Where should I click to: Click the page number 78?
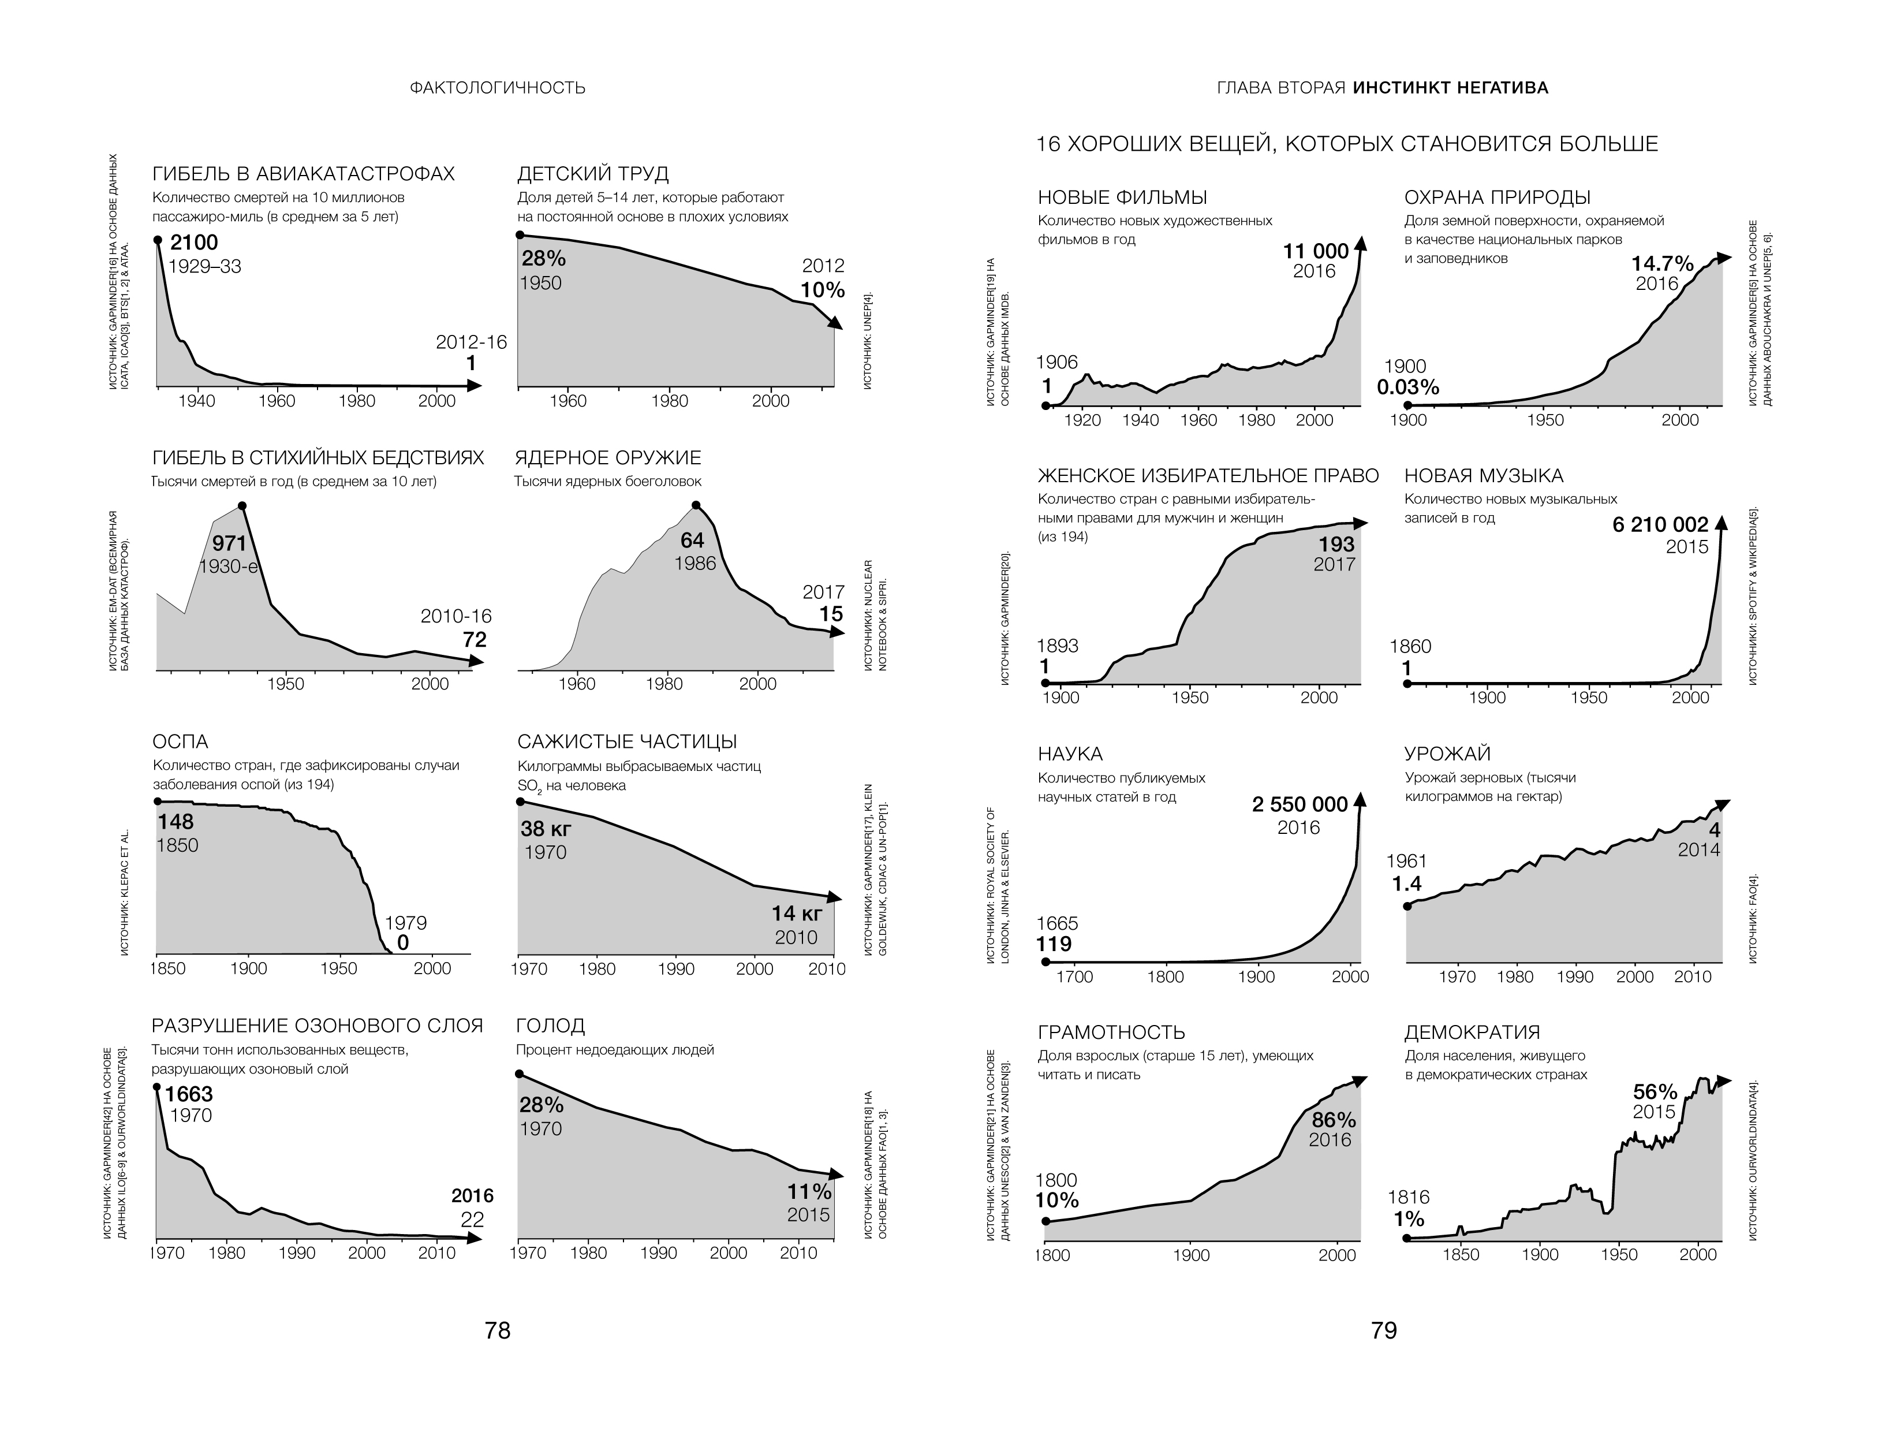(498, 1331)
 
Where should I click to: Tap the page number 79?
(1384, 1331)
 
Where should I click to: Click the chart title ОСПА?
(180, 742)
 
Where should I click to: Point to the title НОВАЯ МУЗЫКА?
(1484, 476)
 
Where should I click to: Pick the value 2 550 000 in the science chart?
(1300, 805)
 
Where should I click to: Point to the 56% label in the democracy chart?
(1656, 1092)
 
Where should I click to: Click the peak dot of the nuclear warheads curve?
(696, 505)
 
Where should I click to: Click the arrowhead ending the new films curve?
(1361, 244)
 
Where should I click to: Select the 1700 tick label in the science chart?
(1075, 977)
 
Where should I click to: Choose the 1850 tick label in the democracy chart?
(1461, 1255)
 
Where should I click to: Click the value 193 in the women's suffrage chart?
(1337, 544)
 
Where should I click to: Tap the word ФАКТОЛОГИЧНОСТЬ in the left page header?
(498, 88)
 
